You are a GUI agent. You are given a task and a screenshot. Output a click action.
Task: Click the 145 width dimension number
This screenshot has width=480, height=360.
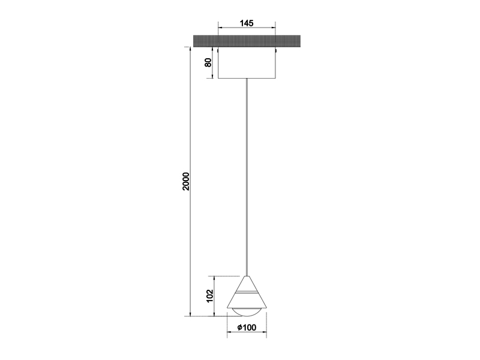click(246, 23)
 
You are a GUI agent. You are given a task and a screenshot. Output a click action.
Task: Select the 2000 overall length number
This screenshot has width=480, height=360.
click(186, 181)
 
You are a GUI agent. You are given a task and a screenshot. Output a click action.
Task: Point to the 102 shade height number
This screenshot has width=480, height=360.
click(208, 296)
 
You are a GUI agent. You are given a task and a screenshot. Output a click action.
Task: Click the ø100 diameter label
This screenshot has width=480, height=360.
click(247, 328)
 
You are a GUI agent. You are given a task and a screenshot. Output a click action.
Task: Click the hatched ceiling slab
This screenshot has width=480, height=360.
click(246, 41)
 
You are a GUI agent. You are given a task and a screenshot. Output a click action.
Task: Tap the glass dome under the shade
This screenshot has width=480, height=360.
click(246, 310)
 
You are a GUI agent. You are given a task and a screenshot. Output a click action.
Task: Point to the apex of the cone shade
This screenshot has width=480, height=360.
click(246, 277)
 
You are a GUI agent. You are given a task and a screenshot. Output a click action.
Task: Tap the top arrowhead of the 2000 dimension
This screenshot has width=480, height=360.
click(191, 49)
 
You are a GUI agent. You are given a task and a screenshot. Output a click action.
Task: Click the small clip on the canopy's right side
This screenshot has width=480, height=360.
click(276, 52)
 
